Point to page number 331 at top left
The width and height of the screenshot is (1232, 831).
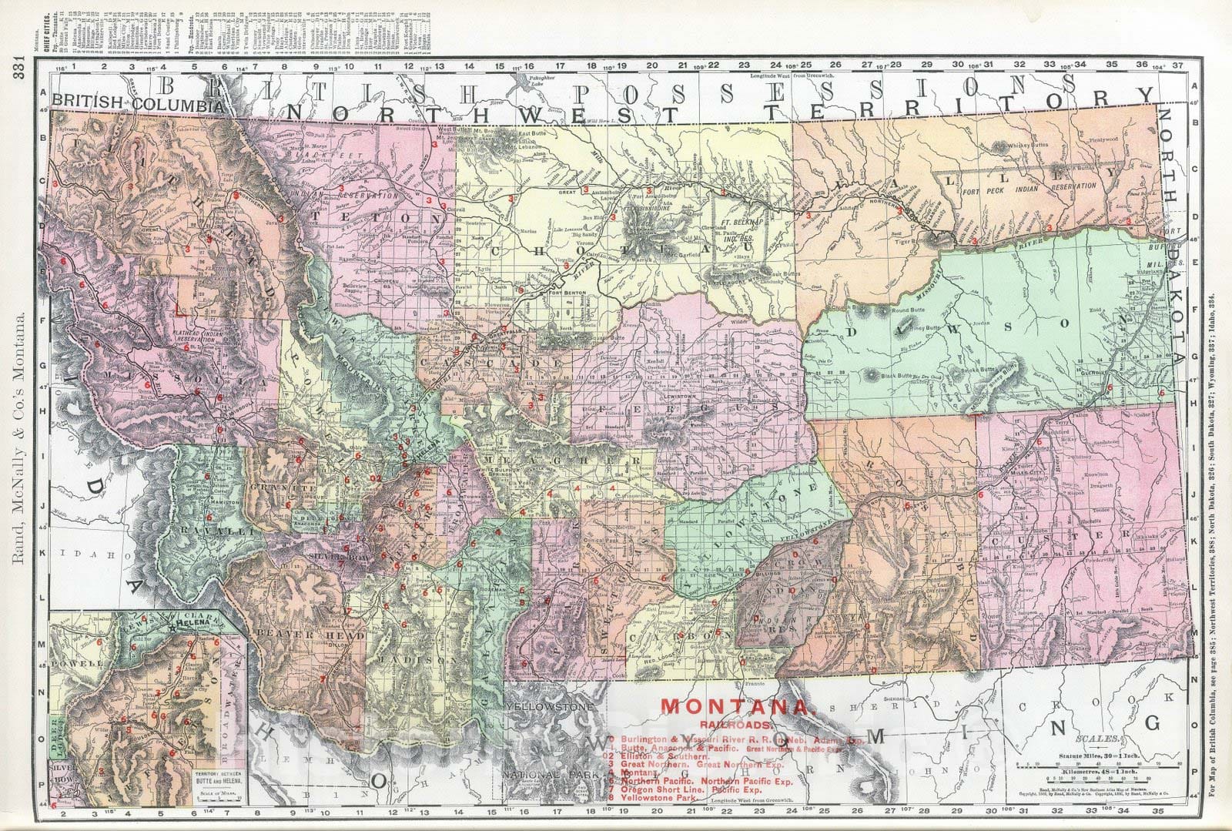tap(18, 73)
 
